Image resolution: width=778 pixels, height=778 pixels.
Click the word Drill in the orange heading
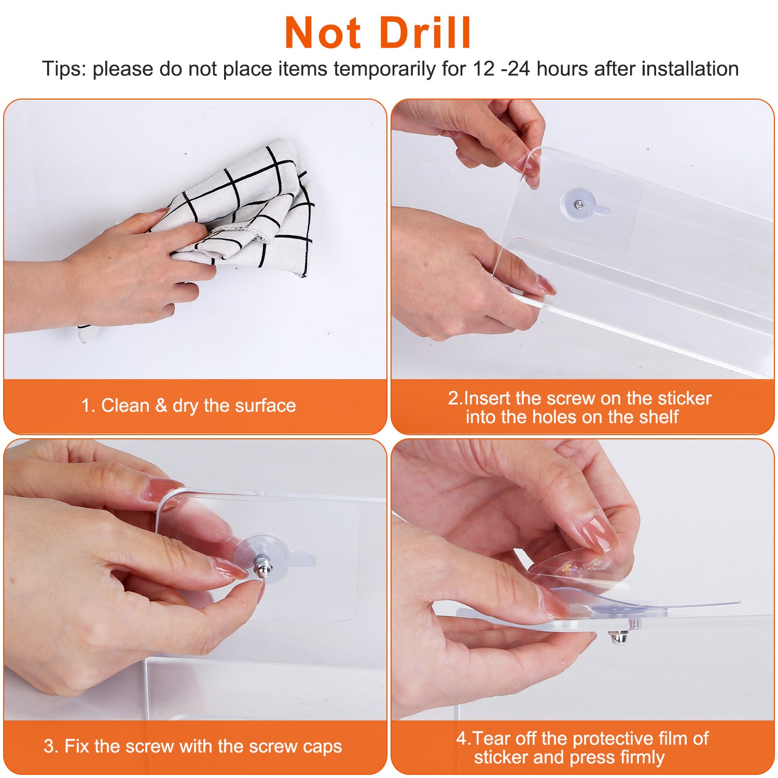tap(425, 33)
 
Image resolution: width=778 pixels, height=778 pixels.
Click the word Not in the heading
tap(323, 33)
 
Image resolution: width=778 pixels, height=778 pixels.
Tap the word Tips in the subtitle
tap(64, 69)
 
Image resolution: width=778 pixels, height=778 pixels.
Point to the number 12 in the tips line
tap(483, 69)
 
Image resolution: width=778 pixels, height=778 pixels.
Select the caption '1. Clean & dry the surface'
tap(188, 405)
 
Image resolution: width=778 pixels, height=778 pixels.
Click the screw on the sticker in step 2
tap(578, 204)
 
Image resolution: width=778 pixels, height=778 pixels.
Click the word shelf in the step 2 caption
tap(655, 416)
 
